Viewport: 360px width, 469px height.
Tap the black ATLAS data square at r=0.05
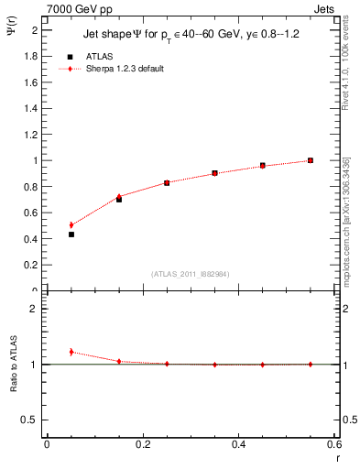[x=71, y=234]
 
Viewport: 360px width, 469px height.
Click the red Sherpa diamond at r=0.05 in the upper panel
[x=71, y=224]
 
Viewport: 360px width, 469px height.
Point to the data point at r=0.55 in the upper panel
[x=311, y=160]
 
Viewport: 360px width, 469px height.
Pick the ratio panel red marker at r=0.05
[x=71, y=352]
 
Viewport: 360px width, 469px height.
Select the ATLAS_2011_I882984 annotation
[x=190, y=274]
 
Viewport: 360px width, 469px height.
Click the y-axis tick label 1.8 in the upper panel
[x=31, y=56]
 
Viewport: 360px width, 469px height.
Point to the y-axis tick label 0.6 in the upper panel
[x=31, y=213]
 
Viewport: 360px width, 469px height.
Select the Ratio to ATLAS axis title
[x=14, y=366]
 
